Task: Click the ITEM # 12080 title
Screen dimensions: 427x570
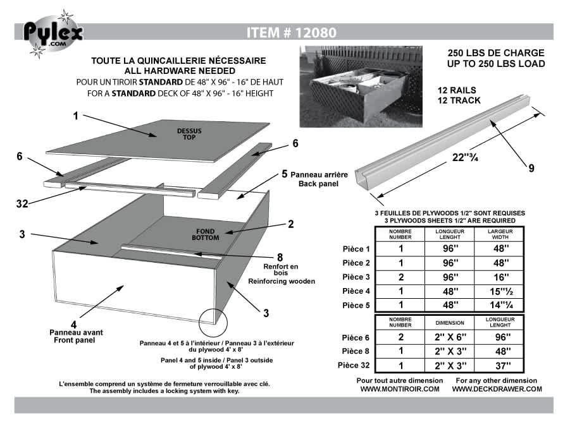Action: (x=291, y=32)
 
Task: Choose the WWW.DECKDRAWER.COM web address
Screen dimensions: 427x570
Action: (x=497, y=389)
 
